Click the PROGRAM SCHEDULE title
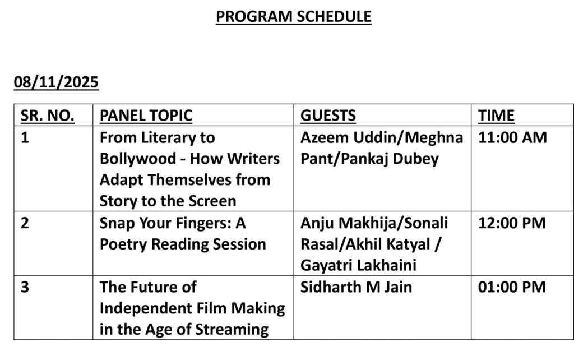coord(294,16)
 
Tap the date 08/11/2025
coord(56,82)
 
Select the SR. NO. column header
coord(48,116)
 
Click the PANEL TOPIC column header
coord(146,116)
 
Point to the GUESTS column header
coord(328,116)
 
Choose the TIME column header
coord(496,116)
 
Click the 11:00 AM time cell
coord(512,137)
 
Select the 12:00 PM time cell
coord(512,223)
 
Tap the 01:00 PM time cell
coord(512,287)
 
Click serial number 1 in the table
coord(25,137)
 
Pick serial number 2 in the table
coord(25,223)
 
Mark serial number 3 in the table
coord(25,287)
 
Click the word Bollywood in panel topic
coord(138,159)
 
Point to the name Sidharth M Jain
coord(356,287)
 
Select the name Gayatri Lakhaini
coord(358,265)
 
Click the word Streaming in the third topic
coord(232,329)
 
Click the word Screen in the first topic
coord(212,201)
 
